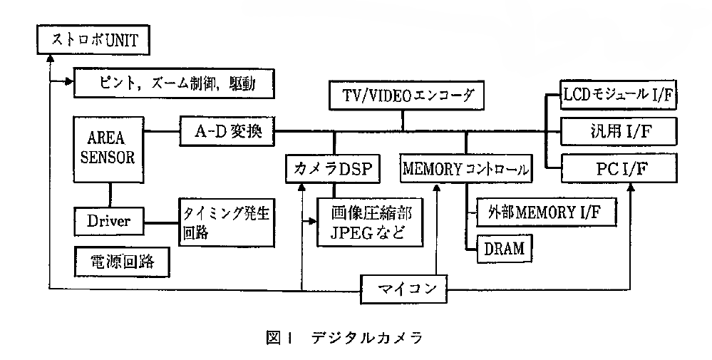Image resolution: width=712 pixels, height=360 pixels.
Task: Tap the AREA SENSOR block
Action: tap(111, 148)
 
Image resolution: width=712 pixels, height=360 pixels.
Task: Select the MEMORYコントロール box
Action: tap(465, 169)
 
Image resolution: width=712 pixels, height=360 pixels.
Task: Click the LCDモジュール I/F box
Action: tap(618, 95)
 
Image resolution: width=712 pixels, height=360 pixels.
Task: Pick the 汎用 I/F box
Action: tap(618, 131)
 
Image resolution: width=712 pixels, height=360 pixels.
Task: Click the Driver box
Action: tap(109, 220)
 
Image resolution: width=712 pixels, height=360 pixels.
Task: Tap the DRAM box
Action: tap(504, 248)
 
